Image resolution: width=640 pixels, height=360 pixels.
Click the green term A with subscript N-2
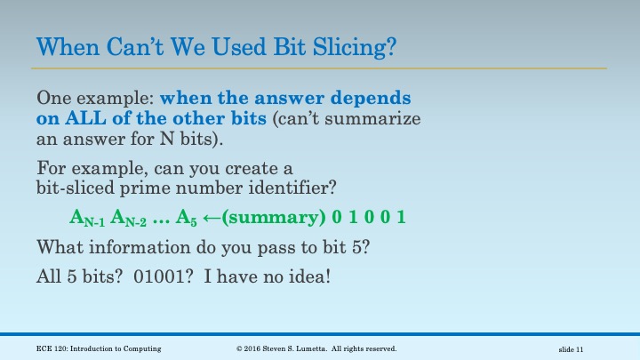click(129, 219)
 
